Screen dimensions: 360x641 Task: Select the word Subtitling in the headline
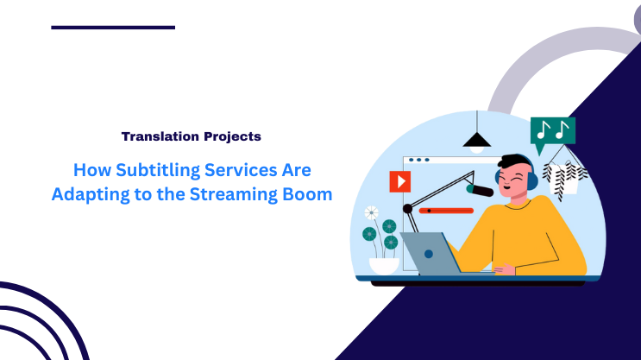pos(146,169)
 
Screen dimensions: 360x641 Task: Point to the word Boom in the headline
pos(307,194)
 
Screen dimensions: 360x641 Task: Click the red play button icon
pos(399,181)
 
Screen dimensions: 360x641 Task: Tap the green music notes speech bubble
pos(552,131)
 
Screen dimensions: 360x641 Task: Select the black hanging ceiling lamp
pos(474,142)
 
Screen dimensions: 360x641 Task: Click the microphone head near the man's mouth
pos(480,187)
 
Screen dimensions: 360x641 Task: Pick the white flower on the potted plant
pos(371,212)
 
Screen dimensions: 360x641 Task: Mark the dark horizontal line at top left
pos(113,28)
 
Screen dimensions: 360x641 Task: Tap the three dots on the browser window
pos(418,160)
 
